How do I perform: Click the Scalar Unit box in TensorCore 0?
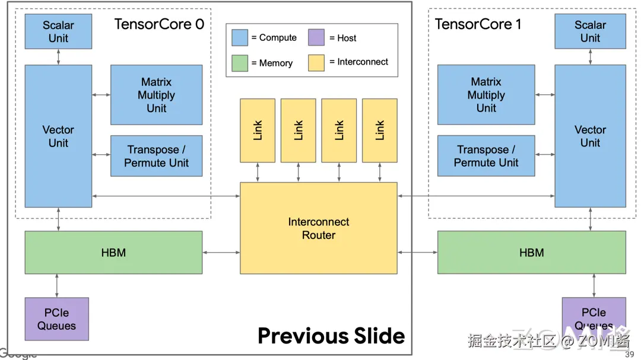(58, 31)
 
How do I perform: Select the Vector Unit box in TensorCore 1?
(590, 136)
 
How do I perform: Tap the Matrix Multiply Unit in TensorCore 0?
(157, 95)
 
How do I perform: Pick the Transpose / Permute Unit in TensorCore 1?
(486, 156)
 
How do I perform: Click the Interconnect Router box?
(318, 228)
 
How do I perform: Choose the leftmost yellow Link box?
(258, 130)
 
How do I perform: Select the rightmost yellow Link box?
(380, 130)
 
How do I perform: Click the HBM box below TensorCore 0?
(113, 253)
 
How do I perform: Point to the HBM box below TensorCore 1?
(531, 253)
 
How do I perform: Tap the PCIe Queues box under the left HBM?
(57, 319)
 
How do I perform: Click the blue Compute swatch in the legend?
(240, 37)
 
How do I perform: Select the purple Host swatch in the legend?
(316, 37)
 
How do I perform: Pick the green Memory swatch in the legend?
(240, 63)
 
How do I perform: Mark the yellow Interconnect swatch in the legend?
(316, 62)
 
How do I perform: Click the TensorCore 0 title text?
(159, 24)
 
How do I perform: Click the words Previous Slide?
(331, 336)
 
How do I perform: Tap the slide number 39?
(630, 355)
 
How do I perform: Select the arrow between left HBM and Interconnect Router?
(221, 253)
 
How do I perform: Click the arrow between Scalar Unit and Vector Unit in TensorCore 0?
(58, 57)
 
